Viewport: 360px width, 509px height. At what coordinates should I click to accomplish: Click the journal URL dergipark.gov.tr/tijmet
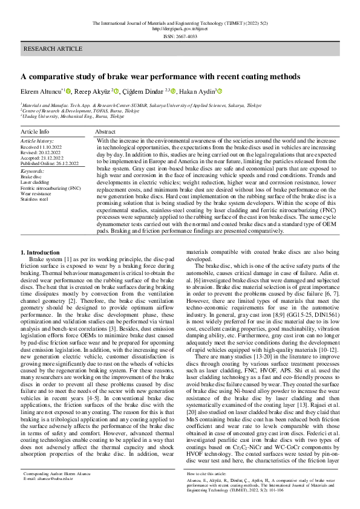[x=180, y=28]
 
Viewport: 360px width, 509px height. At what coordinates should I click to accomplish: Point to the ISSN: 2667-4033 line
[x=180, y=36]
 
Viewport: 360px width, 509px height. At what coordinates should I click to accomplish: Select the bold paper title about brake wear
[x=160, y=77]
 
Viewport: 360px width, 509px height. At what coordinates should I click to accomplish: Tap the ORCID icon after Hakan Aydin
[x=220, y=91]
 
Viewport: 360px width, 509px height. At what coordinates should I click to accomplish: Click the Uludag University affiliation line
[x=72, y=116]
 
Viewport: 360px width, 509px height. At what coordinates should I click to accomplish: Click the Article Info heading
[x=35, y=131]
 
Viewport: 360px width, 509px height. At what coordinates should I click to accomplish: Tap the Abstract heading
[x=105, y=131]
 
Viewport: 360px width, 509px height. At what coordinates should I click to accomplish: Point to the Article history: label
[x=38, y=140]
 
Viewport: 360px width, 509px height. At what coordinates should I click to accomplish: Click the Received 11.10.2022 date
[x=45, y=147]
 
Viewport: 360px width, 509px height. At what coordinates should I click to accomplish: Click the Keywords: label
[x=33, y=171]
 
